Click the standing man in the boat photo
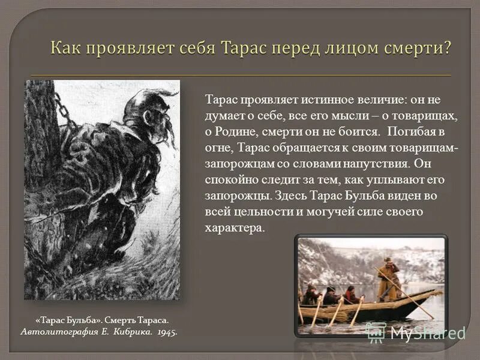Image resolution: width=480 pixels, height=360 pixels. click(389, 280)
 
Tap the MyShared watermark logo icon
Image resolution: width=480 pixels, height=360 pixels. click(376, 332)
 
